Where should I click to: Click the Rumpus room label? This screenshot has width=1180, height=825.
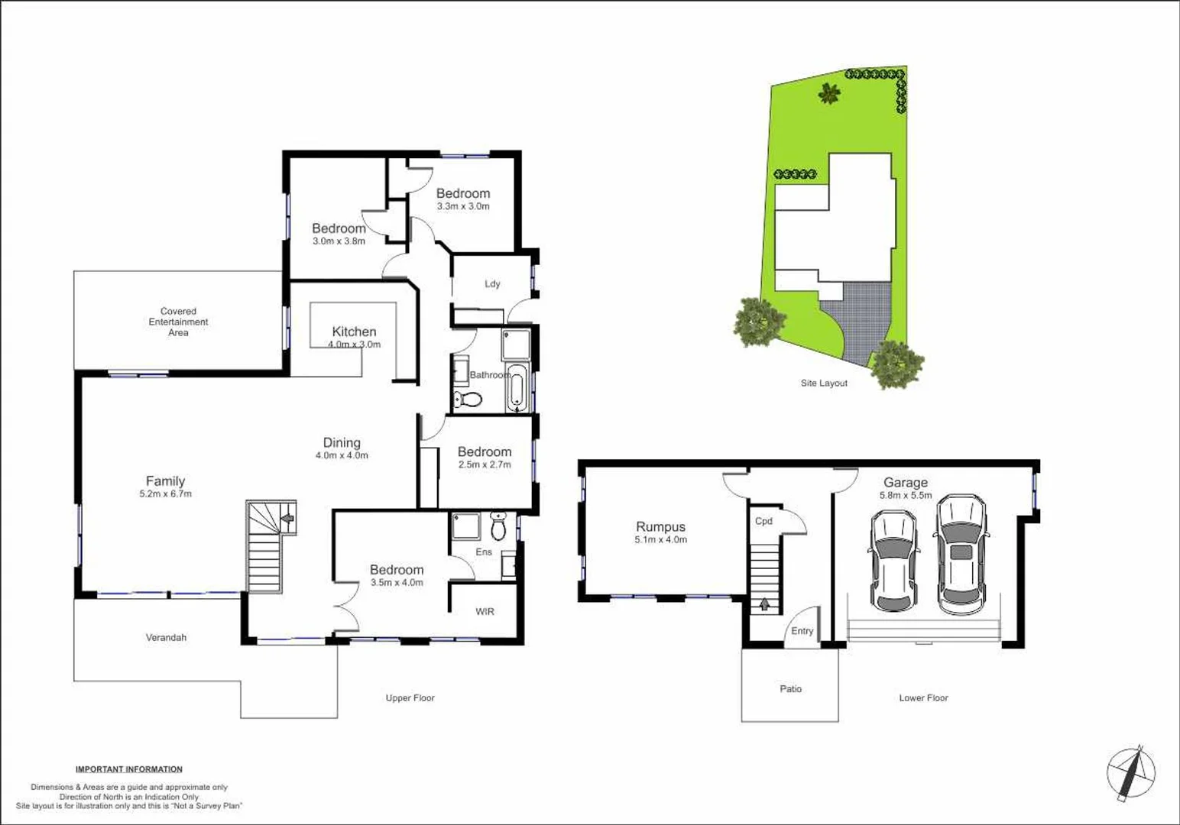660,527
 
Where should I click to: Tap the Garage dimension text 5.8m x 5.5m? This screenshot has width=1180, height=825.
906,495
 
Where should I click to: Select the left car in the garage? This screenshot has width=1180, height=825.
892,561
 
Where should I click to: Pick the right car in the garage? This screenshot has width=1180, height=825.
961,555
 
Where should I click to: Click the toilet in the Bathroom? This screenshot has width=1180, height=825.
468,399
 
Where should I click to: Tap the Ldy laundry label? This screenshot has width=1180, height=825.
492,284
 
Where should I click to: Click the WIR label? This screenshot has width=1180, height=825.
485,612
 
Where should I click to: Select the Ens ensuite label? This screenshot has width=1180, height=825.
484,552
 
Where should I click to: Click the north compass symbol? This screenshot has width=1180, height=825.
1131,772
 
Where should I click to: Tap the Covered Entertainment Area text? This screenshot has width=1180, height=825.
178,322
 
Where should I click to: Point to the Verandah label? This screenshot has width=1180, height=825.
166,637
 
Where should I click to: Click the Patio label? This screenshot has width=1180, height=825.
790,689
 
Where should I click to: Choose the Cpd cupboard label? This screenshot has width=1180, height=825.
763,521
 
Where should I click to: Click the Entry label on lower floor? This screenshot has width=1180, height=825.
802,631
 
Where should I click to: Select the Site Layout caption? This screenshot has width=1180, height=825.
824,383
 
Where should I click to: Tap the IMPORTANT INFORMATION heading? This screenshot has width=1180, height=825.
129,769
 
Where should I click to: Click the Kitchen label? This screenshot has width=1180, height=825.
354,332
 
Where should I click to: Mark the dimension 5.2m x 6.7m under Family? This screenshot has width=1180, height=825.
165,494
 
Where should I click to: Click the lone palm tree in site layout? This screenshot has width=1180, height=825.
829,93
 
